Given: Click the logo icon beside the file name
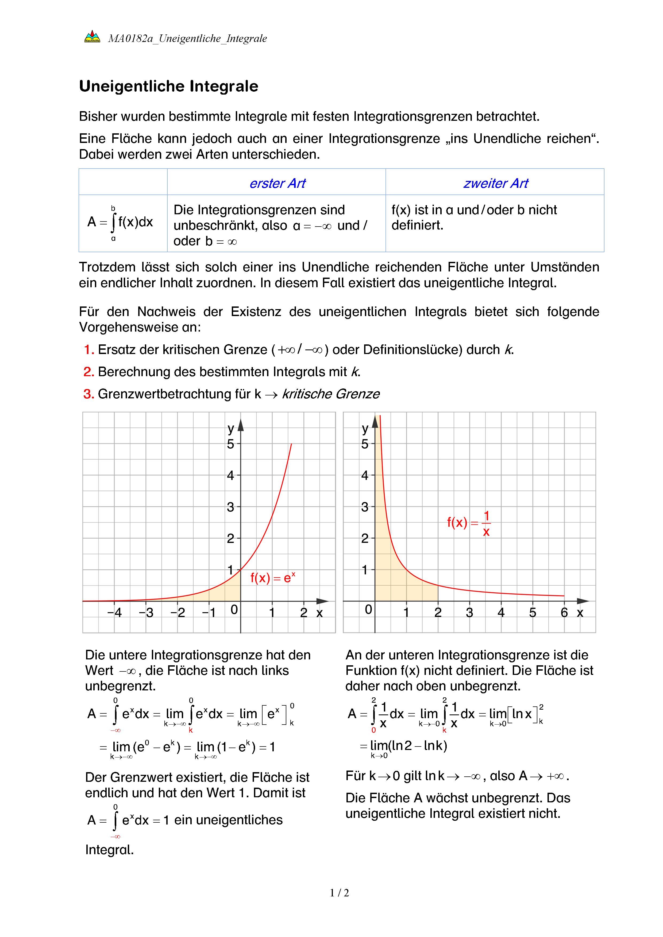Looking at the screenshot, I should pyautogui.click(x=92, y=37).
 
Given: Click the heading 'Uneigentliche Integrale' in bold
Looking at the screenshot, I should pyautogui.click(x=169, y=87).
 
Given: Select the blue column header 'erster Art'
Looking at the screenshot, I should pyautogui.click(x=277, y=184).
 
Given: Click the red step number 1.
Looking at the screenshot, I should pyautogui.click(x=88, y=350).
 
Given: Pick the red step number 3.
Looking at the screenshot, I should pyautogui.click(x=88, y=394).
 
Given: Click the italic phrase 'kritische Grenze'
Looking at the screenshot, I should pyautogui.click(x=331, y=394).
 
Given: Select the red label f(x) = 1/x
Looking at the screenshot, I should pyautogui.click(x=469, y=523).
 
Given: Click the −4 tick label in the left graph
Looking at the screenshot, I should pyautogui.click(x=114, y=613).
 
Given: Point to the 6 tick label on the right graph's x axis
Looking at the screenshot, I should pyautogui.click(x=564, y=613).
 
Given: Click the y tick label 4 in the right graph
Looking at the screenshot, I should pyautogui.click(x=365, y=475).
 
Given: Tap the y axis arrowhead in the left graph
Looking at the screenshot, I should pyautogui.click(x=241, y=425).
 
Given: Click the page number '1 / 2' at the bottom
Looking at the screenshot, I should pyautogui.click(x=339, y=893).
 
